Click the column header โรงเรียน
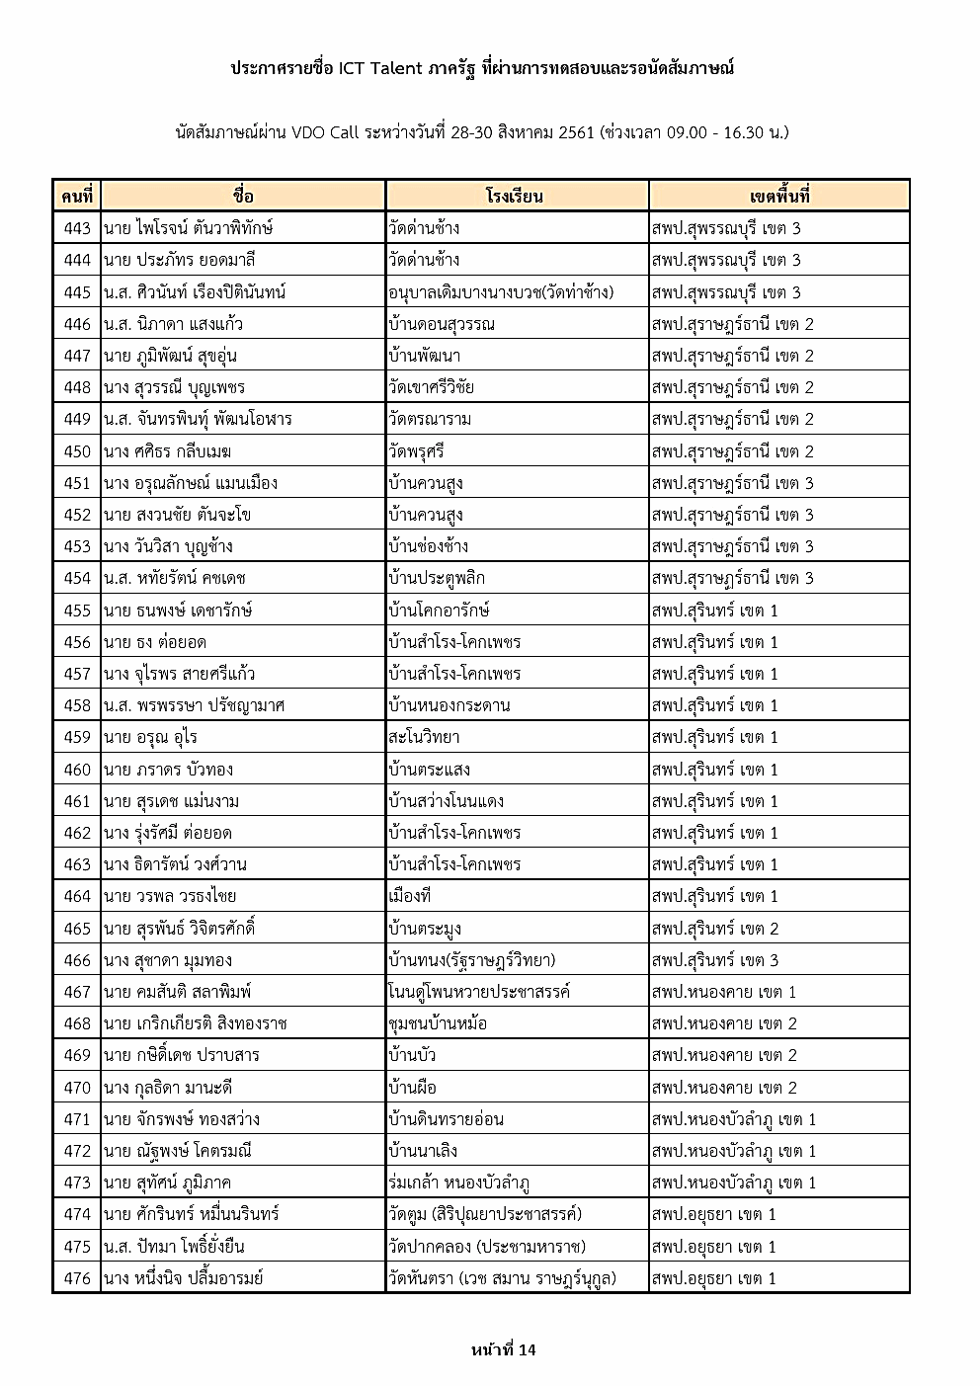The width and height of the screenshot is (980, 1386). [515, 196]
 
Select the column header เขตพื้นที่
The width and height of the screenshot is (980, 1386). [778, 196]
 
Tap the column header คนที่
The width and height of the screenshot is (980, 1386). [76, 196]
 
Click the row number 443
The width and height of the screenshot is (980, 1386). [77, 228]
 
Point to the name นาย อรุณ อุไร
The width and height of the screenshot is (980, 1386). [150, 737]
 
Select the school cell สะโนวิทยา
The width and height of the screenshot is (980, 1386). [425, 737]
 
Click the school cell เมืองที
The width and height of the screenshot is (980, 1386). [410, 896]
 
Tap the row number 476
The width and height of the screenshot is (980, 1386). [77, 1278]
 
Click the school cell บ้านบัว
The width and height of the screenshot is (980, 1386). [413, 1055]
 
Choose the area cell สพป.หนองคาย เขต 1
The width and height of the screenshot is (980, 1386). [724, 992]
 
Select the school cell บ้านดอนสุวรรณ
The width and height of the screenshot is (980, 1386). [442, 324]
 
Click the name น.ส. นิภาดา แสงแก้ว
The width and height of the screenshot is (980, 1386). [173, 324]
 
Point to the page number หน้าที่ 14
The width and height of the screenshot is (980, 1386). [504, 1349]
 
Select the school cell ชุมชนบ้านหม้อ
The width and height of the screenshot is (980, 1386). [439, 1023]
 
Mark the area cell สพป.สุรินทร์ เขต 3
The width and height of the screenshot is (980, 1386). [715, 960]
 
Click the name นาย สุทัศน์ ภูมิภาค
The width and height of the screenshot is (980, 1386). [167, 1182]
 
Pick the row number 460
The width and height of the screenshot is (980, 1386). [77, 770]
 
